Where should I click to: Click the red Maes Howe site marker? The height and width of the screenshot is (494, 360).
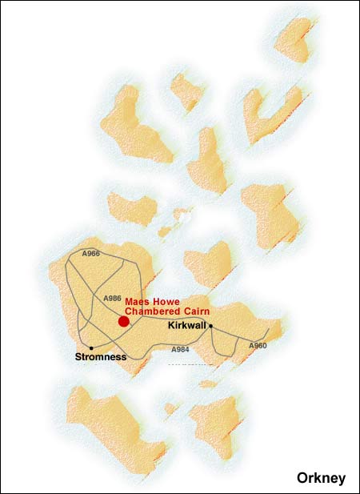tap(123, 321)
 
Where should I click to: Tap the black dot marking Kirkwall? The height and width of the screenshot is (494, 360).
tap(211, 326)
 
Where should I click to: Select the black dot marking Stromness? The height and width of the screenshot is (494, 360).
tap(92, 347)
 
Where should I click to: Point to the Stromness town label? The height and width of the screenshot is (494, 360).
tap(100, 357)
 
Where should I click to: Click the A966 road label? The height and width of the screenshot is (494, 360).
tap(91, 254)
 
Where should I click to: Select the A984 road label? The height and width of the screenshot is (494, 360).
tap(182, 350)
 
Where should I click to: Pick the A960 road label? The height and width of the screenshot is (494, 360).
tap(257, 345)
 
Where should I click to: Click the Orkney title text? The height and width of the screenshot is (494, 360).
tap(321, 478)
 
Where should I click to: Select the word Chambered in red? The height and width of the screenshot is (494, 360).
tap(153, 312)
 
